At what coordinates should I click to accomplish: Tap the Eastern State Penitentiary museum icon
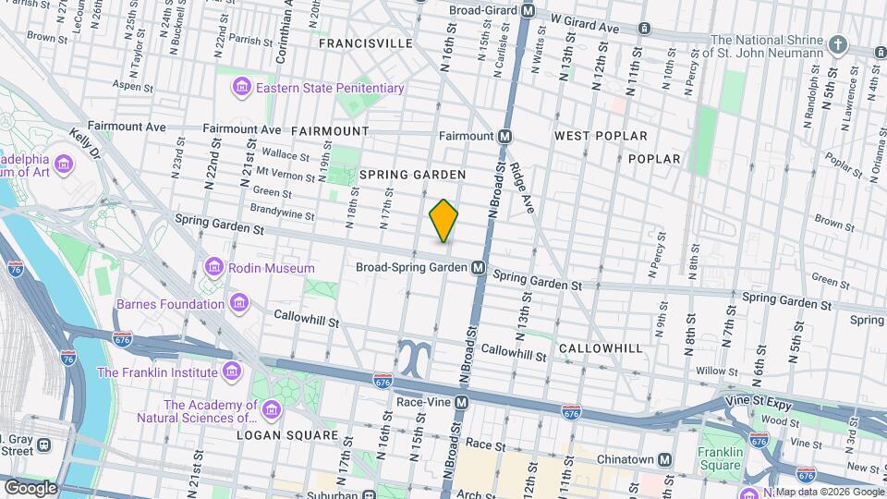242,88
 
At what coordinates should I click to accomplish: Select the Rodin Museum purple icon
214,268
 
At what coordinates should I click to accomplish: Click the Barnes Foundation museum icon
239,303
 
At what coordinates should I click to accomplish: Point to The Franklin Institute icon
232,372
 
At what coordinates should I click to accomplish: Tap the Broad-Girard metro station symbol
529,11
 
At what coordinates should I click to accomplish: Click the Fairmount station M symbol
504,136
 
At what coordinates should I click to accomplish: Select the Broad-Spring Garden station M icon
479,267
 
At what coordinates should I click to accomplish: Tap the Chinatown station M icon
664,460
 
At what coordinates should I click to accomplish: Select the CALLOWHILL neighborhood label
600,347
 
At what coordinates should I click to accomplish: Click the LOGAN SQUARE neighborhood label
287,434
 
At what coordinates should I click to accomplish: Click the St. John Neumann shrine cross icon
837,44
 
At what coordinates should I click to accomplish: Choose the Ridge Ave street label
522,188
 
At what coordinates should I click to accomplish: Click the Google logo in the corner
30,487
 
